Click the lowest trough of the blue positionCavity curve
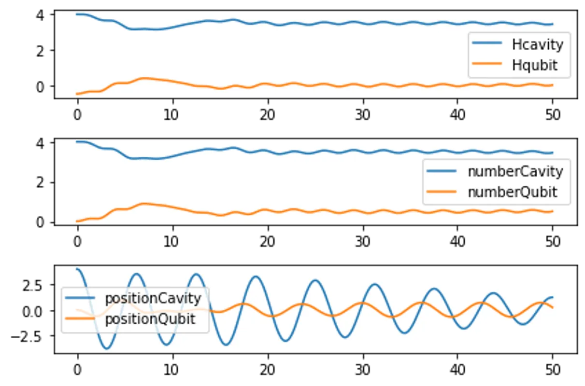pyautogui.click(x=107, y=348)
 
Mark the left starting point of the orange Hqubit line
pyautogui.click(x=76, y=94)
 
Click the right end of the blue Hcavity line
pyautogui.click(x=553, y=24)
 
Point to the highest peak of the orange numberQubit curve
pyautogui.click(x=143, y=204)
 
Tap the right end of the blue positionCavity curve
pyautogui.click(x=553, y=297)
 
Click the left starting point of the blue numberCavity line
pyautogui.click(x=76, y=142)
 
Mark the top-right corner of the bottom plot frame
pyautogui.click(x=577, y=265)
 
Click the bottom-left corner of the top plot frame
pyautogui.click(x=54, y=98)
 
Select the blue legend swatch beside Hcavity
pyautogui.click(x=487, y=43)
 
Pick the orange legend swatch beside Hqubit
pyautogui.click(x=487, y=63)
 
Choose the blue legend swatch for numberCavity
pyautogui.click(x=442, y=171)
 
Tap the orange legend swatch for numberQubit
pyautogui.click(x=442, y=192)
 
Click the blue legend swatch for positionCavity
pyautogui.click(x=80, y=298)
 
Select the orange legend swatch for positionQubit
pyautogui.click(x=80, y=318)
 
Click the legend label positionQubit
pyautogui.click(x=150, y=319)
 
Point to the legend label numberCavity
pyautogui.click(x=515, y=172)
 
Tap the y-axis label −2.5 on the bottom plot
pyautogui.click(x=27, y=337)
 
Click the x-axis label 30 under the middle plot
pyautogui.click(x=363, y=242)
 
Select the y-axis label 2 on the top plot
pyautogui.click(x=40, y=51)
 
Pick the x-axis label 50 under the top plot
pyautogui.click(x=553, y=115)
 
